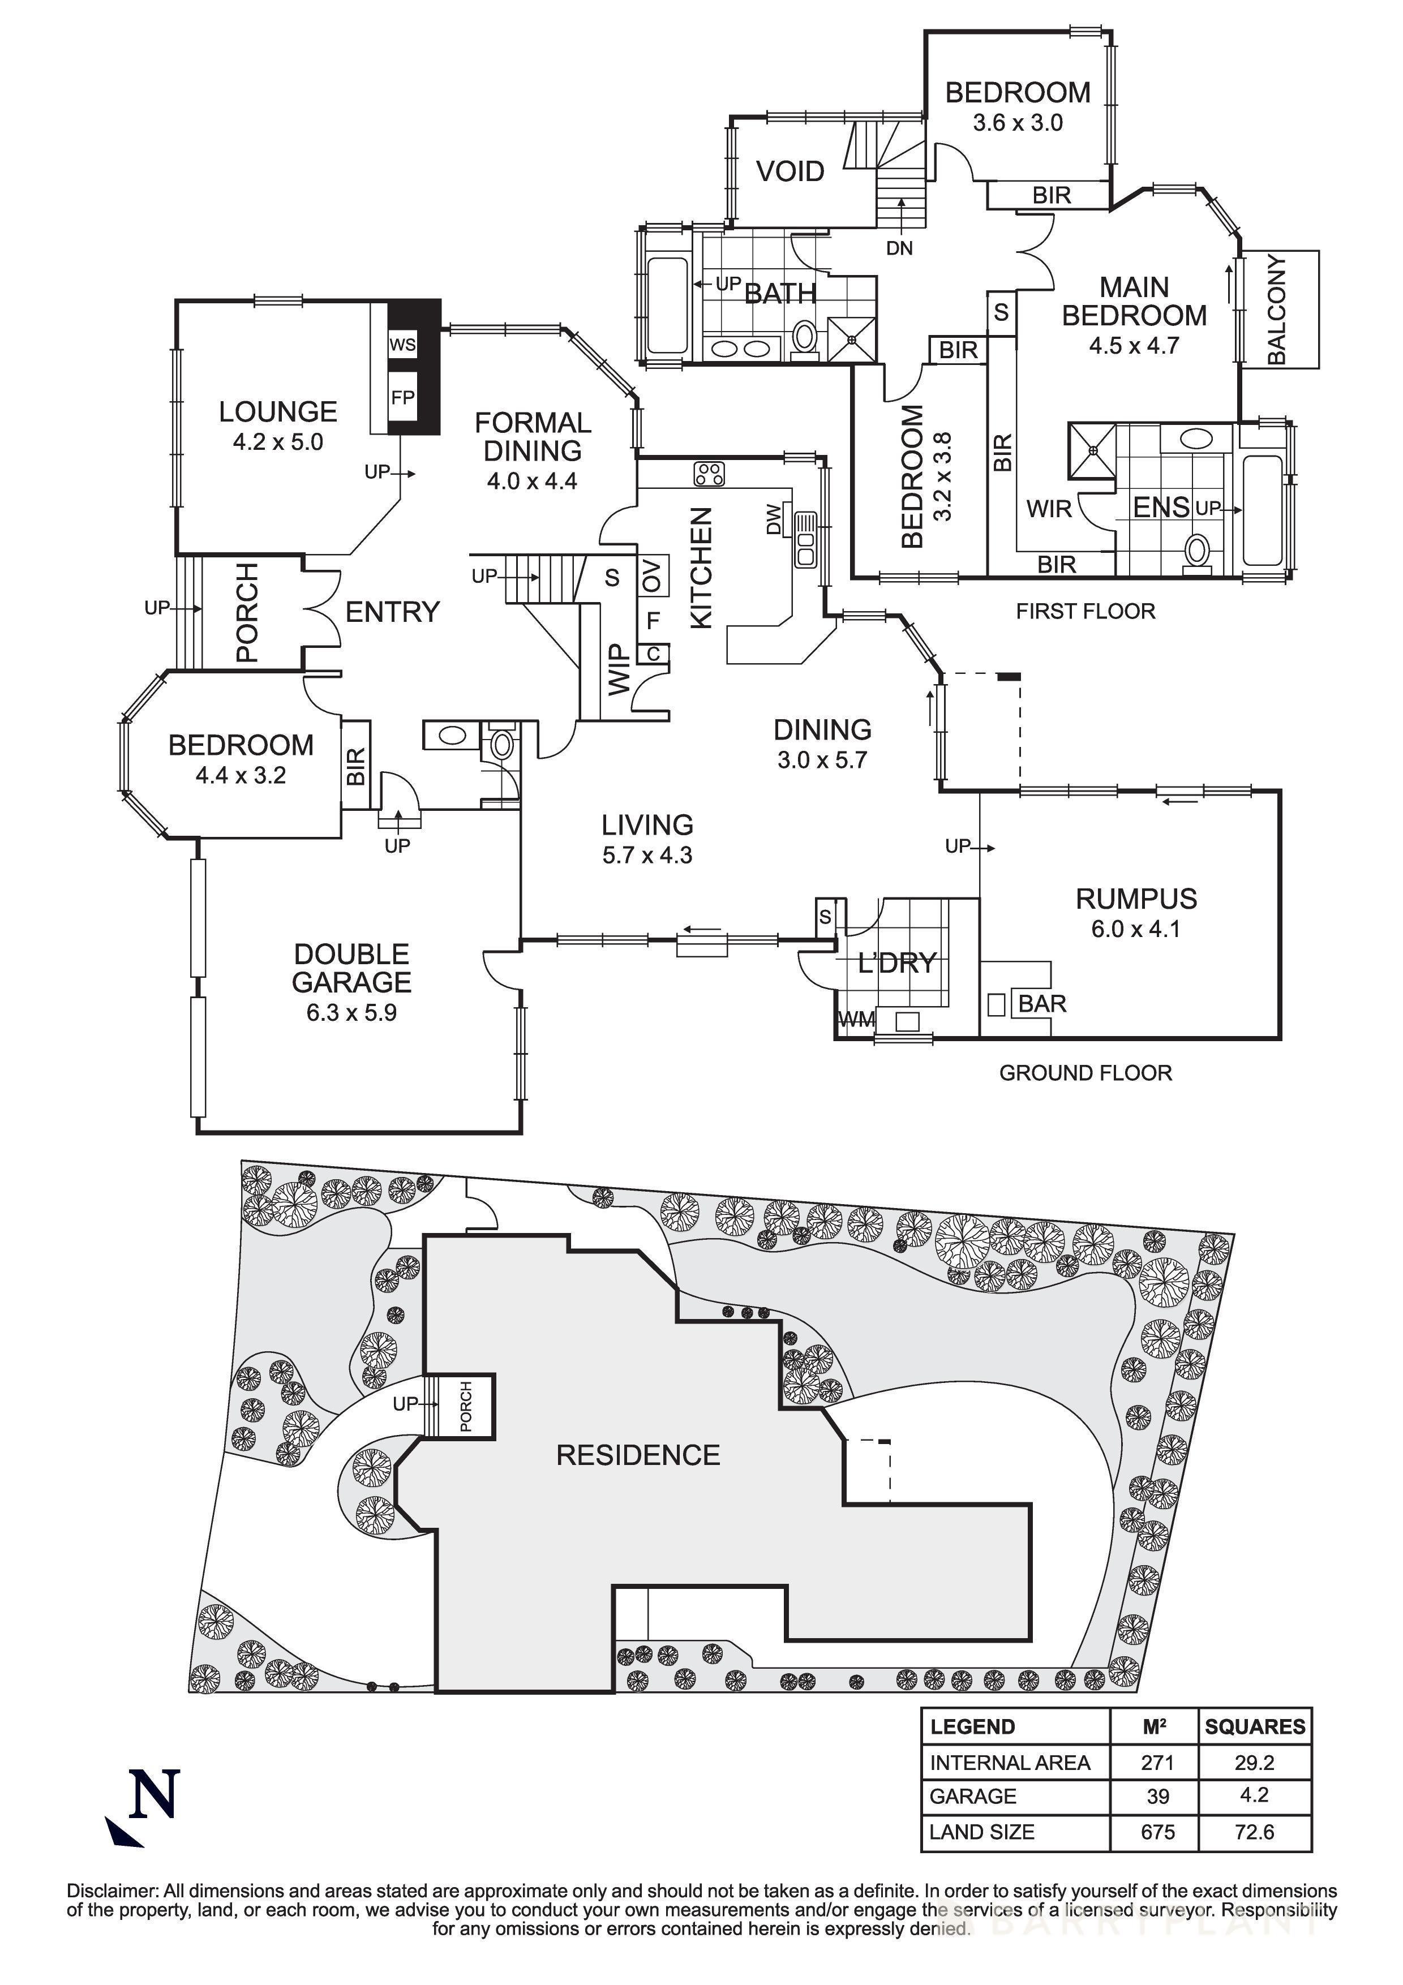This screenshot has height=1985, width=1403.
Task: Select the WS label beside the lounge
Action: (402, 345)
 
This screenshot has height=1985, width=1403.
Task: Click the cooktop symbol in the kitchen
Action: (709, 474)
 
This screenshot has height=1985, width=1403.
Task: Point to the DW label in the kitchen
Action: (774, 521)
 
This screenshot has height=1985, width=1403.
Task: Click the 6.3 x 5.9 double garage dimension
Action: (351, 1012)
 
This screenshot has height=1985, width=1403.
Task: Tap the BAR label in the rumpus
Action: (1042, 1004)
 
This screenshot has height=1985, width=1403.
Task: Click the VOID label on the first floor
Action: (790, 171)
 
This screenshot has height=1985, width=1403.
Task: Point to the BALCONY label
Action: (1276, 308)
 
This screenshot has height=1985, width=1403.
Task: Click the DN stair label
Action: (899, 248)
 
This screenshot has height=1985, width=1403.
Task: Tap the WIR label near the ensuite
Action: (1049, 509)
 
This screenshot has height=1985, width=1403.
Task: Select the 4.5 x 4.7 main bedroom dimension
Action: (1133, 346)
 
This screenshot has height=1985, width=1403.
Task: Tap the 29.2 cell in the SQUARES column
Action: (1254, 1762)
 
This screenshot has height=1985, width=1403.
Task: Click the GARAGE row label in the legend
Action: (972, 1797)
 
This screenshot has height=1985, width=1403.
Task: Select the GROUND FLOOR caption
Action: (1085, 1073)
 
